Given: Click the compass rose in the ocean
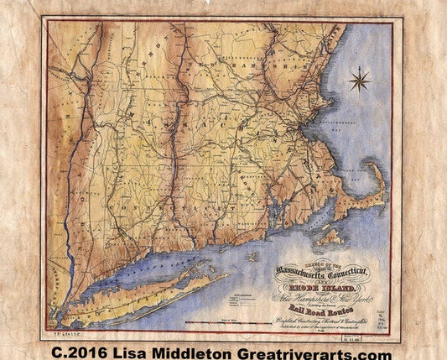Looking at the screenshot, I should [360, 81].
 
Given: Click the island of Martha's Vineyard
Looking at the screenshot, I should [330, 235].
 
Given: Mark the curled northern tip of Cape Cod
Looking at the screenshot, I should [375, 167].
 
